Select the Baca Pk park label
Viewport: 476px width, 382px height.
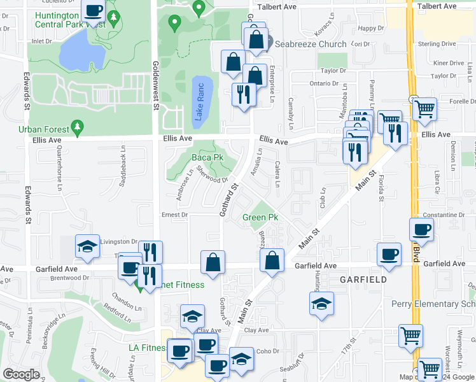[206, 157]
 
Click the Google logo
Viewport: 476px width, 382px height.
[21, 374]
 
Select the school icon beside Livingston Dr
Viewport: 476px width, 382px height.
[87, 247]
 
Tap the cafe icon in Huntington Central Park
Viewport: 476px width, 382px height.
[94, 11]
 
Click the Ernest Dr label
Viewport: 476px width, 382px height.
[174, 215]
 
